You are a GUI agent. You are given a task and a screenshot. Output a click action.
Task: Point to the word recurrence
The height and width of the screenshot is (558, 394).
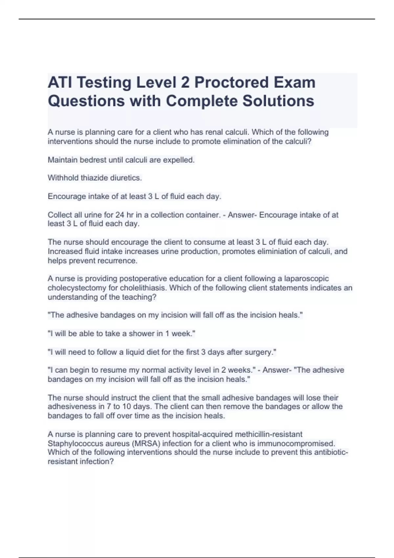(x=120, y=261)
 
